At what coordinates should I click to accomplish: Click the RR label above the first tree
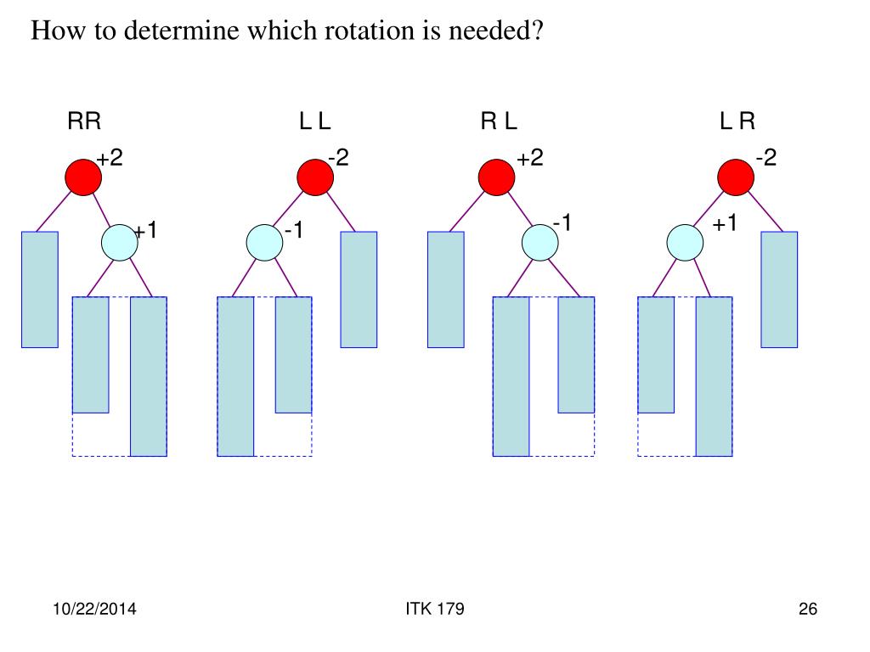click(x=84, y=122)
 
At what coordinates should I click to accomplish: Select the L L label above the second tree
click(x=314, y=122)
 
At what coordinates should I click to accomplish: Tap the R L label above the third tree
click(x=499, y=122)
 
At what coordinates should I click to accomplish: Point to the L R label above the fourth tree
click(x=737, y=122)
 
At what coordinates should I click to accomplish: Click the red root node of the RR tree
click(x=84, y=177)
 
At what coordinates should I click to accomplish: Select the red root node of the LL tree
click(x=315, y=177)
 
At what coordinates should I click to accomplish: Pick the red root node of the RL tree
click(x=496, y=177)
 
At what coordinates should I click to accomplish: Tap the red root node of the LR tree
click(x=736, y=177)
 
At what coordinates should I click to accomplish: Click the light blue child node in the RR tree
click(x=119, y=243)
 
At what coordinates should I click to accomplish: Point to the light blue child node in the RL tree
click(x=540, y=243)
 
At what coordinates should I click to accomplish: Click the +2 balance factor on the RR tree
click(x=110, y=159)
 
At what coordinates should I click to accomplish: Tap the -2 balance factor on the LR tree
click(x=765, y=159)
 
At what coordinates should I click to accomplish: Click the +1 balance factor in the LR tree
click(x=725, y=224)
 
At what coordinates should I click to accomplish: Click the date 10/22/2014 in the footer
click(x=95, y=610)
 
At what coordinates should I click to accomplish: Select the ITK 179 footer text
click(x=435, y=610)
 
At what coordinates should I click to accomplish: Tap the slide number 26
click(x=807, y=610)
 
